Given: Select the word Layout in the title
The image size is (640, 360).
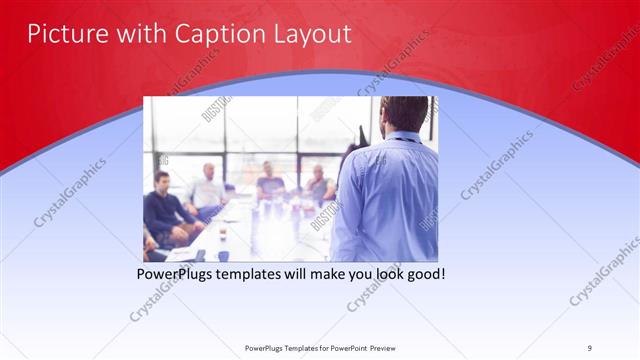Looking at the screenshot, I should [310, 34].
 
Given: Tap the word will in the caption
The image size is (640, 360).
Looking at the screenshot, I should [307, 273].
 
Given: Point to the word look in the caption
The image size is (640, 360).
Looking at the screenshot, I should [410, 273].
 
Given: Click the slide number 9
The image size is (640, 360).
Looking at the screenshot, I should [589, 347].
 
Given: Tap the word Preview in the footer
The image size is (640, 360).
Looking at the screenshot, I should [386, 347].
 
